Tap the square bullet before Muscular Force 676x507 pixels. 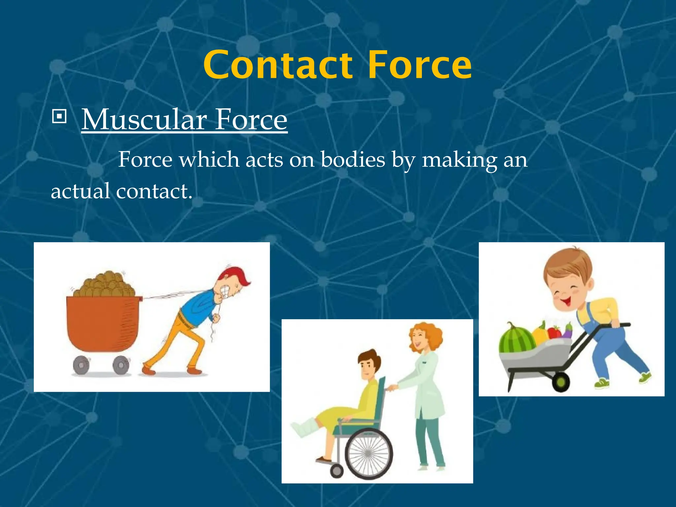pyautogui.click(x=59, y=117)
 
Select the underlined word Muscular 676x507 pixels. pyautogui.click(x=144, y=119)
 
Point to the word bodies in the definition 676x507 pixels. pyautogui.click(x=353, y=160)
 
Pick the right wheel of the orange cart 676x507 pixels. pyautogui.click(x=120, y=365)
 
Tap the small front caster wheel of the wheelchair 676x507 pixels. pyautogui.click(x=337, y=471)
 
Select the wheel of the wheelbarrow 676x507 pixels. pyautogui.click(x=561, y=382)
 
